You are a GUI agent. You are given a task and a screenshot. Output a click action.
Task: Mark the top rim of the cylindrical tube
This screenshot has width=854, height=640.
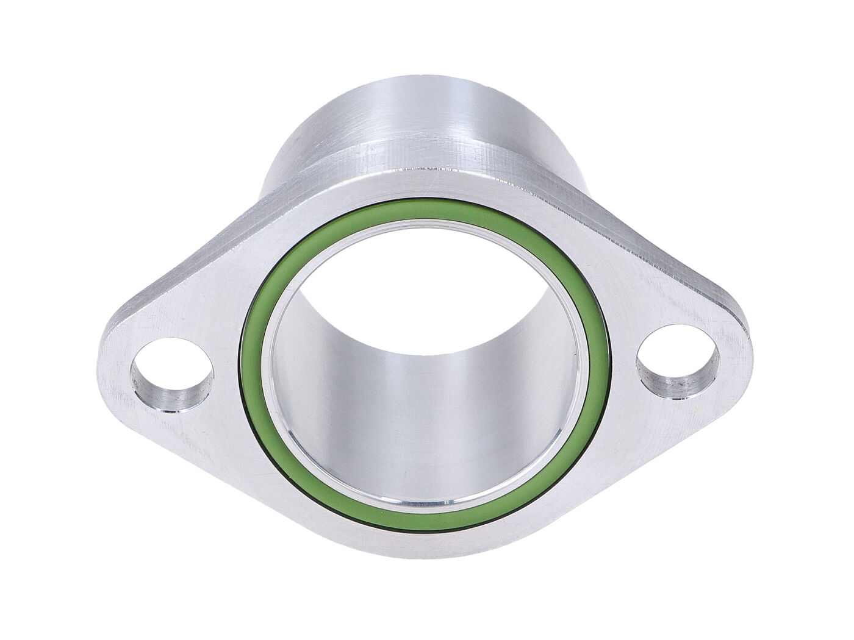pos(390,77)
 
